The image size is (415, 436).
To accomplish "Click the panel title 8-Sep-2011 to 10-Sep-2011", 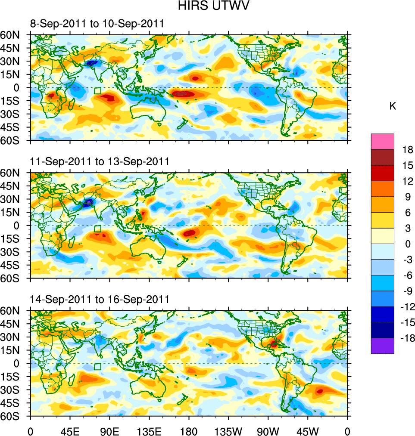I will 97,24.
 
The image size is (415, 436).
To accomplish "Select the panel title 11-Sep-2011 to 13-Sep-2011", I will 100,161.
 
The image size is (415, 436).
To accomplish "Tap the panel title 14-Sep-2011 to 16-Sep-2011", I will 100,299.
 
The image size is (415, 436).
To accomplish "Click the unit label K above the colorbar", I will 393,106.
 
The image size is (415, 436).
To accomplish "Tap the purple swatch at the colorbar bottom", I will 382,346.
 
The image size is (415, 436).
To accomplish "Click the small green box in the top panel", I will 98,91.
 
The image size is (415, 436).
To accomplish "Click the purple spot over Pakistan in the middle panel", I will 88,201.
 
